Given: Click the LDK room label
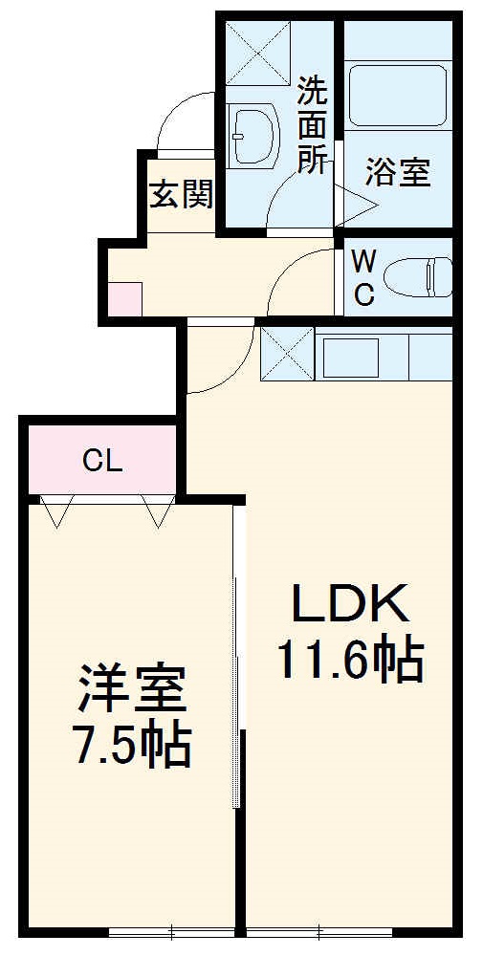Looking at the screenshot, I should [x=350, y=604].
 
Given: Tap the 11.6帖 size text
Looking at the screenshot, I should [x=350, y=660].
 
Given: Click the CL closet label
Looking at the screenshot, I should [x=102, y=462].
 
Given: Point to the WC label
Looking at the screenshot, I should [x=363, y=277].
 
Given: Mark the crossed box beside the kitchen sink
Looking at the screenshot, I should [x=287, y=354].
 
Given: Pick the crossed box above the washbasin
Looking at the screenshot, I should [x=256, y=54].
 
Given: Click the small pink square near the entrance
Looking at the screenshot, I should [x=125, y=299].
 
